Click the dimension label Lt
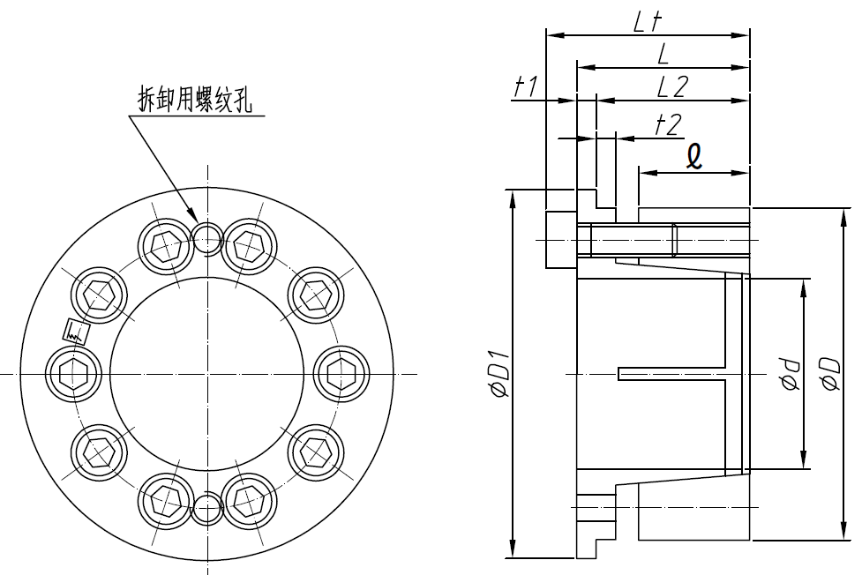pyautogui.click(x=648, y=22)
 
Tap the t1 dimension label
pyautogui.click(x=527, y=86)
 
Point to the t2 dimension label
pyautogui.click(x=668, y=124)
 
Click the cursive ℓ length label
pyautogui.click(x=695, y=156)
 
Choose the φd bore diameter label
pyautogui.click(x=788, y=376)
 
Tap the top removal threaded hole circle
pyautogui.click(x=207, y=236)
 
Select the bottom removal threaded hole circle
pyautogui.click(x=207, y=510)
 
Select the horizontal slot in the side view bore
pyautogui.click(x=671, y=374)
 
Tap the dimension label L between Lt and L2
pyautogui.click(x=662, y=54)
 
